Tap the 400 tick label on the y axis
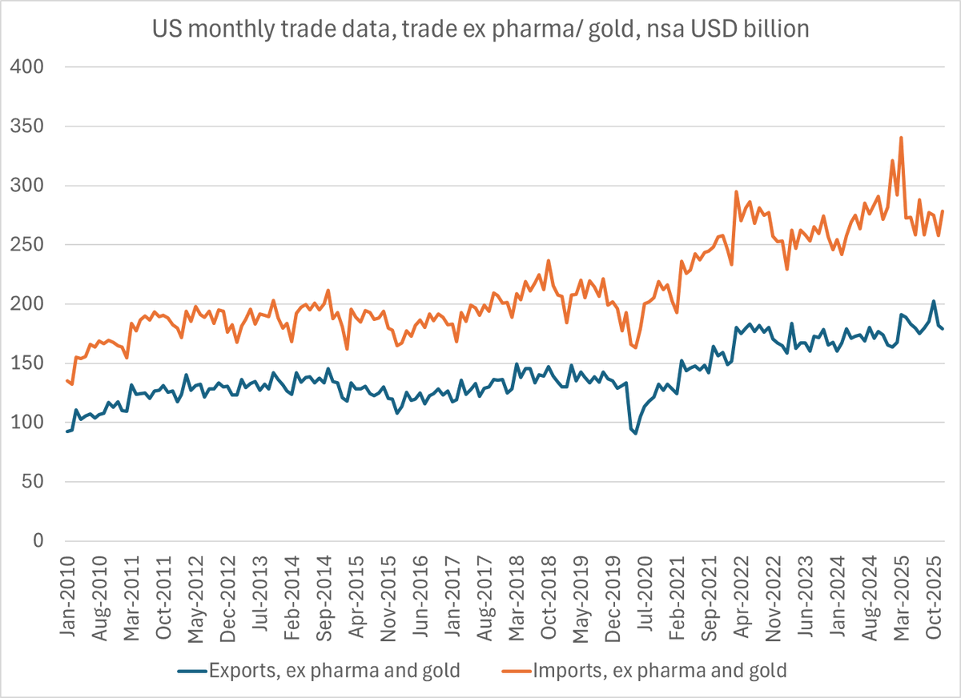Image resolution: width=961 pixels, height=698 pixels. pyautogui.click(x=27, y=67)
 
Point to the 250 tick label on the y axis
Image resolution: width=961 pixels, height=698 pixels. pyautogui.click(x=27, y=245)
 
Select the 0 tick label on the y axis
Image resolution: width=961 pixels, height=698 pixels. pyautogui.click(x=38, y=541)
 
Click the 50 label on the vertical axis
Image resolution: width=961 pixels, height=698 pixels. pyautogui.click(x=33, y=482)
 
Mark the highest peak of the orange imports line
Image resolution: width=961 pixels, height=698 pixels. pyautogui.click(x=901, y=138)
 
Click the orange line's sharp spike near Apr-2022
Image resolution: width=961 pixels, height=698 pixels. pyautogui.click(x=737, y=191)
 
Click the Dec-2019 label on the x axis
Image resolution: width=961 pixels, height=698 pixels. pyautogui.click(x=613, y=598)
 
